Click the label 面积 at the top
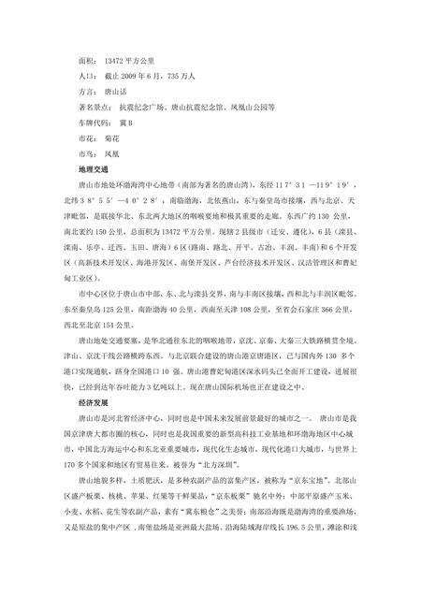tap(93, 58)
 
